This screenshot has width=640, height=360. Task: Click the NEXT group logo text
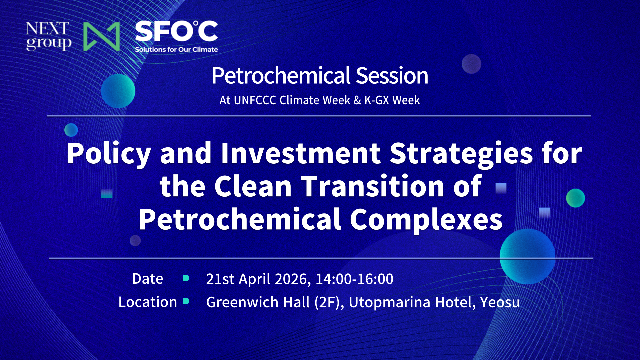point(48,36)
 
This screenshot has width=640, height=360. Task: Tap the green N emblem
point(101,36)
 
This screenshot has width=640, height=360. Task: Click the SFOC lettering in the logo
point(176,32)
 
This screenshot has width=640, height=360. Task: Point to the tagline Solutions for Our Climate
point(176,50)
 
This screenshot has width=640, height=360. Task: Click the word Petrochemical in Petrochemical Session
point(281,76)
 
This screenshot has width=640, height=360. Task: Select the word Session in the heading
point(392,76)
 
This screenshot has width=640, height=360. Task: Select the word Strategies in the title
point(461,153)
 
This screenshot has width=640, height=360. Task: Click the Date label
point(147,279)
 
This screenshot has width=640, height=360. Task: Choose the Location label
point(147,302)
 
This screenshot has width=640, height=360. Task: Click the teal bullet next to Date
point(186,278)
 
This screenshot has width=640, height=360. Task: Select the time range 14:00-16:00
point(354,279)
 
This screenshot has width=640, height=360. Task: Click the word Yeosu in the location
point(500,302)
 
